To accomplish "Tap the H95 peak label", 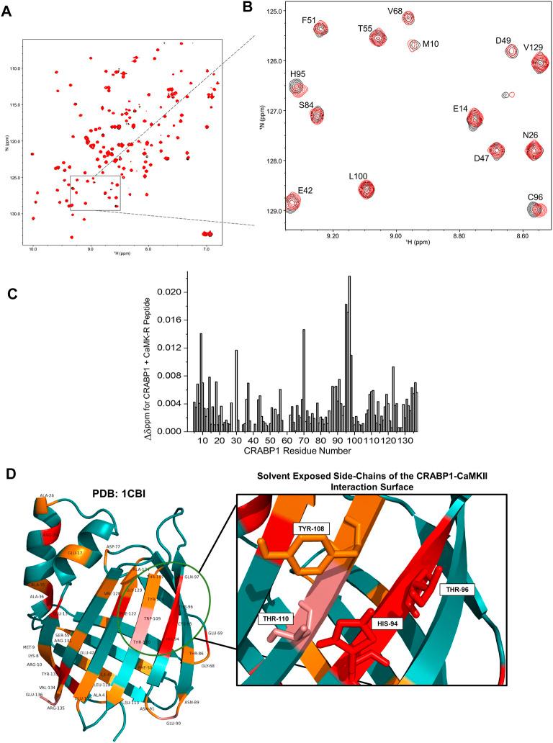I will click(299, 73).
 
